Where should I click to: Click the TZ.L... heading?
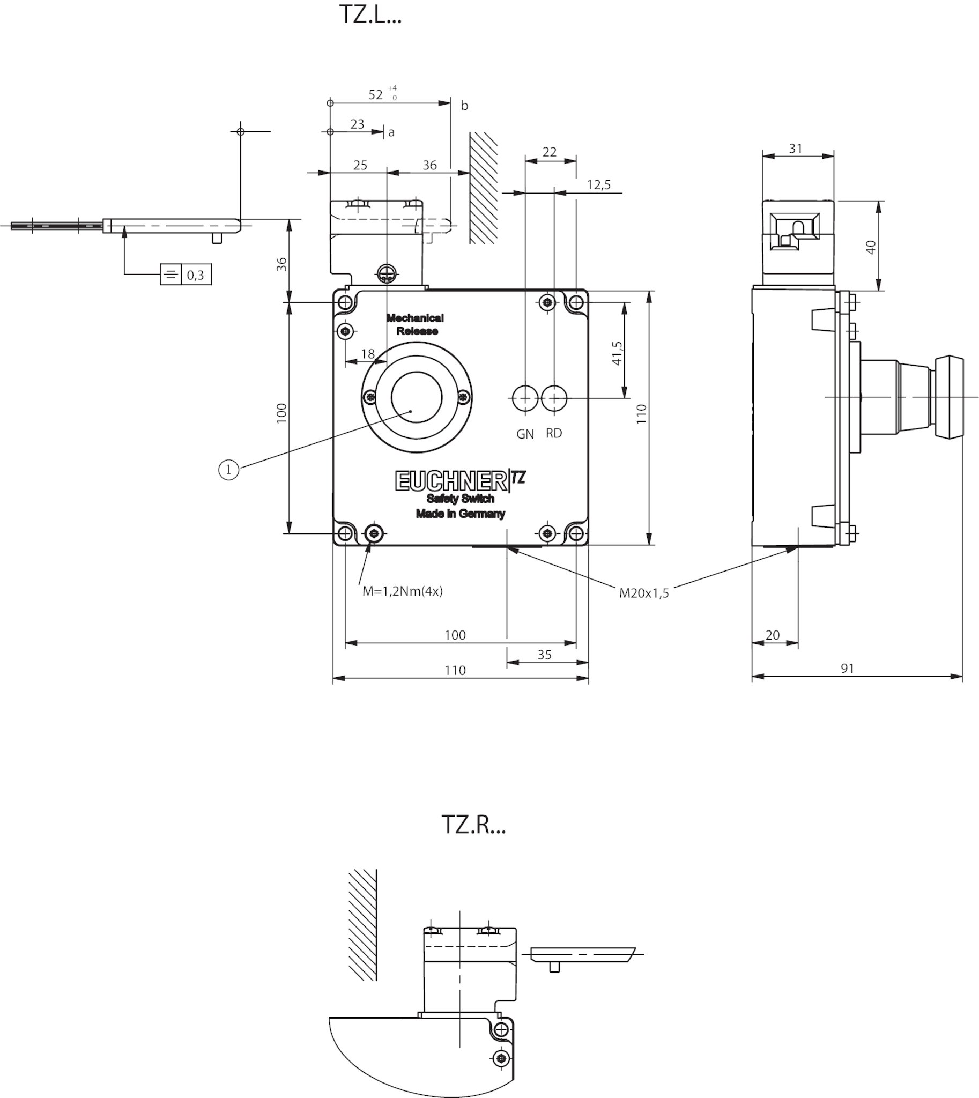370,14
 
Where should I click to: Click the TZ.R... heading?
473,824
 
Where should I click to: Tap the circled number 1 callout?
228,470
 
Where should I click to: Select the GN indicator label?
525,434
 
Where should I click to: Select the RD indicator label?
553,433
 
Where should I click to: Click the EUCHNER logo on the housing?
451,481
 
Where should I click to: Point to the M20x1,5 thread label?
644,593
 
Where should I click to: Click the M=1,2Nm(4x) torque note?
402,591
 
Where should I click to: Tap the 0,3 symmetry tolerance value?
195,276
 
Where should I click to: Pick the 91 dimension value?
847,668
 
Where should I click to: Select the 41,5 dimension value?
617,353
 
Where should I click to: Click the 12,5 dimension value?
599,185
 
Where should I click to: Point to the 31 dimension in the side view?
796,149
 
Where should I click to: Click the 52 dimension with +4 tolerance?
383,94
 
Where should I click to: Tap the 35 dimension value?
544,655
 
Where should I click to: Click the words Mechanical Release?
416,324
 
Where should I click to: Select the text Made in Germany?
461,514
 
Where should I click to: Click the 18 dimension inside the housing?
367,353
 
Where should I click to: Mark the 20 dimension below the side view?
773,635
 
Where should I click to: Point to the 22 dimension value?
549,152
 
